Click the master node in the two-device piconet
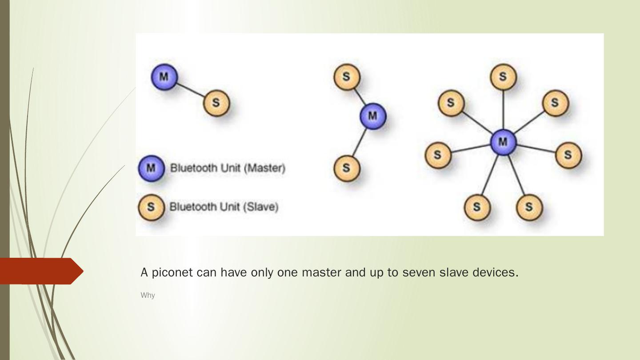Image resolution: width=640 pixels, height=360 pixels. pyautogui.click(x=164, y=77)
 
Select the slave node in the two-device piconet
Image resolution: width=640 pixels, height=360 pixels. pyautogui.click(x=216, y=103)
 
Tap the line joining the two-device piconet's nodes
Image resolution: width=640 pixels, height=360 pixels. pyautogui.click(x=190, y=90)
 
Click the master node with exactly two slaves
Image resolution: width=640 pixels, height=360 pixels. pyautogui.click(x=372, y=116)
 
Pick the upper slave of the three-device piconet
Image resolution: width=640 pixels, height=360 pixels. pyautogui.click(x=346, y=77)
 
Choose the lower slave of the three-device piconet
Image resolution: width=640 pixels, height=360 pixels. pyautogui.click(x=346, y=168)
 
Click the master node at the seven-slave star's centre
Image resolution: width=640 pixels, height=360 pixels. pyautogui.click(x=503, y=142)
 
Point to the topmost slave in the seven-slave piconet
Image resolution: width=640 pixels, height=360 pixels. pyautogui.click(x=503, y=77)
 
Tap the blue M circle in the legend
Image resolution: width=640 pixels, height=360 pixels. pyautogui.click(x=151, y=168)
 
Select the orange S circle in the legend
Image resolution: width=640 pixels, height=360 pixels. pyautogui.click(x=151, y=207)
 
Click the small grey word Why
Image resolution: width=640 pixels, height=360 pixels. pyautogui.click(x=148, y=295)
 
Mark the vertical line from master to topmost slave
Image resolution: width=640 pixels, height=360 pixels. pyautogui.click(x=503, y=110)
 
